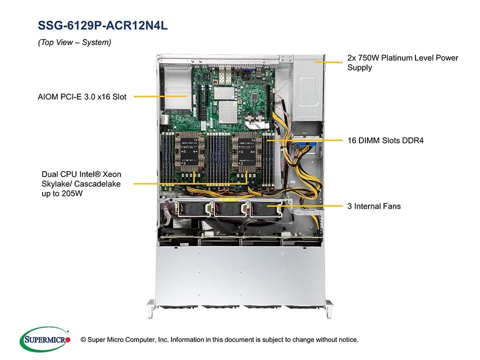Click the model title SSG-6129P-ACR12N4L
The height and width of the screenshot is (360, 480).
[103, 25]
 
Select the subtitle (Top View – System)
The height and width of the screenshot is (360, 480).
[74, 42]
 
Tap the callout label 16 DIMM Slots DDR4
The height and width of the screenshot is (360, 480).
[385, 140]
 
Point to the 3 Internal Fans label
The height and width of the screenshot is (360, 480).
[374, 206]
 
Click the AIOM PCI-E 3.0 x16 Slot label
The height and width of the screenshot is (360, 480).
[82, 97]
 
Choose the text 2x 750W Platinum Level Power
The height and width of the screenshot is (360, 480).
[402, 58]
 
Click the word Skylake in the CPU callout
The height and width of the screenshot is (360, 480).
[56, 184]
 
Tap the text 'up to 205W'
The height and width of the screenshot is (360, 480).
[62, 194]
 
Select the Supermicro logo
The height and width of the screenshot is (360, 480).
[44, 339]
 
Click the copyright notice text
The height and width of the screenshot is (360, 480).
[219, 339]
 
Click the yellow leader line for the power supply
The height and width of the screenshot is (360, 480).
[328, 62]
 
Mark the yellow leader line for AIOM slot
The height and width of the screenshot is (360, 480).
[160, 96]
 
